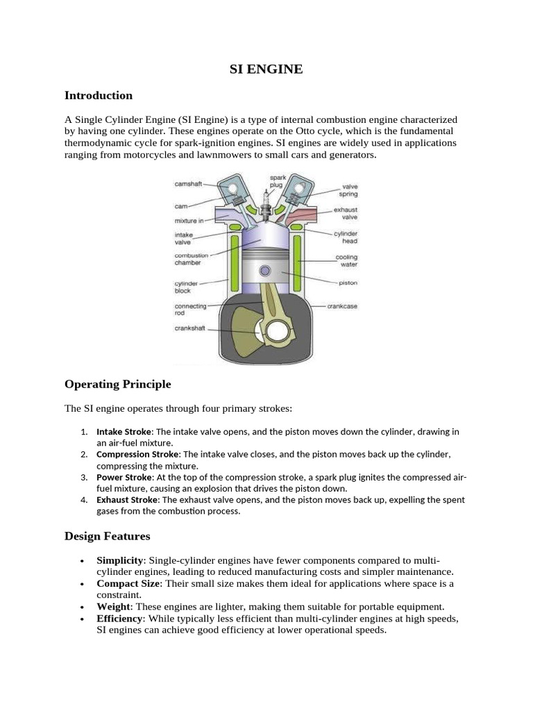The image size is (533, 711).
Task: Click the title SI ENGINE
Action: pyautogui.click(x=266, y=69)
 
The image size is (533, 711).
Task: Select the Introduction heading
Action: pyautogui.click(x=98, y=95)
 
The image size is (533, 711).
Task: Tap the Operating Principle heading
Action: pyautogui.click(x=117, y=384)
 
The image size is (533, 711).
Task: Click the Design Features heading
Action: pyautogui.click(x=107, y=536)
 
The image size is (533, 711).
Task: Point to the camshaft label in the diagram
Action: pyautogui.click(x=188, y=184)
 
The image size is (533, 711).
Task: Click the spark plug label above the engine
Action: pyautogui.click(x=278, y=182)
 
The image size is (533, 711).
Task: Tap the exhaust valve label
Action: pyautogui.click(x=346, y=213)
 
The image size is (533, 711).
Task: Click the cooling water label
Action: pyautogui.click(x=346, y=260)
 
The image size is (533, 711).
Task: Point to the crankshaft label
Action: pyautogui.click(x=189, y=328)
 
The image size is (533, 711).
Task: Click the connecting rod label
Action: pyautogui.click(x=190, y=309)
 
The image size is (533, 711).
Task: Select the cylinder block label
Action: pyautogui.click(x=187, y=287)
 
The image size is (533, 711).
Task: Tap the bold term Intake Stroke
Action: pyautogui.click(x=124, y=431)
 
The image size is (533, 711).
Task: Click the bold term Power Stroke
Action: pyautogui.click(x=124, y=477)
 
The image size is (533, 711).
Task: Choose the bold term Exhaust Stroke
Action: pyautogui.click(x=126, y=499)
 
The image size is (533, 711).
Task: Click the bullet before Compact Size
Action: pyautogui.click(x=83, y=584)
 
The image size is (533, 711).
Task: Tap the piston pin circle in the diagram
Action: pyautogui.click(x=264, y=270)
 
